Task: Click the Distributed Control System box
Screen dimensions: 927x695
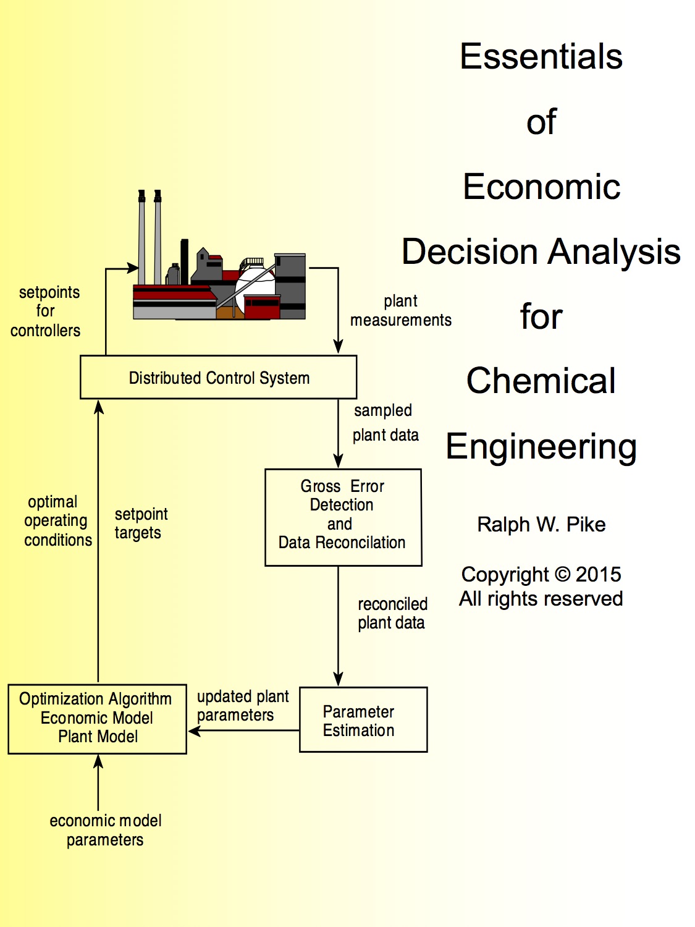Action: coord(219,378)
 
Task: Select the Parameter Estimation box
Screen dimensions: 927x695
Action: coord(363,720)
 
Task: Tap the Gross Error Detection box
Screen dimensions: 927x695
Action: coord(343,517)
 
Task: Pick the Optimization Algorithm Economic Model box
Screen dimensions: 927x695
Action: coord(97,719)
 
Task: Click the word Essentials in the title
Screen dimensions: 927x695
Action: coord(541,57)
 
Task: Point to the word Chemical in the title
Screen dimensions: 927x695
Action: coord(541,381)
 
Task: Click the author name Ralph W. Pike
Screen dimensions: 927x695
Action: coord(541,525)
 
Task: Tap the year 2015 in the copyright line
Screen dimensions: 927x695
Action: coord(598,574)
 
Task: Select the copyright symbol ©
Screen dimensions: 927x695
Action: coord(562,574)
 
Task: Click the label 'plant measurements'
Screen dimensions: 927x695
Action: coord(401,311)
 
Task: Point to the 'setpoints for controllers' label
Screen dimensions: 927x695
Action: coord(46,311)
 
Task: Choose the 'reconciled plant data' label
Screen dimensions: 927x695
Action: coord(392,613)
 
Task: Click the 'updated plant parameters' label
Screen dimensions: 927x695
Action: coord(242,706)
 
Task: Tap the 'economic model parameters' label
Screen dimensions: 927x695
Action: coord(106,830)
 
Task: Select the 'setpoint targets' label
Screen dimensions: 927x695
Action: coord(140,523)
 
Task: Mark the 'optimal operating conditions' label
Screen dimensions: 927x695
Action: coord(57,521)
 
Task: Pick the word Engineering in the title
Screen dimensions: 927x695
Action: coord(541,447)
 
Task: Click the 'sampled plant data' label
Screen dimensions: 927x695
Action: coord(385,423)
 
